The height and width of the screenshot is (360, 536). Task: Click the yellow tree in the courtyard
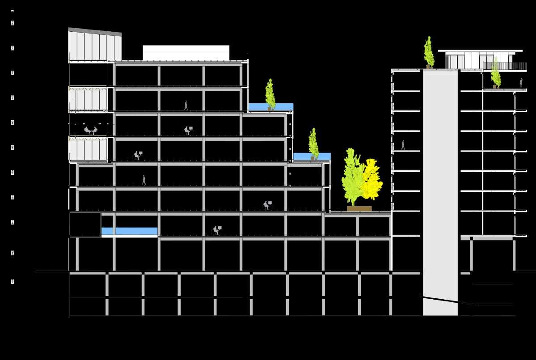[372, 179]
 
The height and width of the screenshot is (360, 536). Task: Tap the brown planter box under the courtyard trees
[359, 208]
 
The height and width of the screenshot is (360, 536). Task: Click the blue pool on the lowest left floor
[129, 231]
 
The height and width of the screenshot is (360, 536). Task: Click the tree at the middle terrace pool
[313, 143]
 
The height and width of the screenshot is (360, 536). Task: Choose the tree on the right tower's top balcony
[495, 74]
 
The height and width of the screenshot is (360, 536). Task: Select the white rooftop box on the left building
[186, 52]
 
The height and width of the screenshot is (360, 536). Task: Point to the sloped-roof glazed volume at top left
[95, 45]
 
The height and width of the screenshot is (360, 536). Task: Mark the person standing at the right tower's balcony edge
[521, 83]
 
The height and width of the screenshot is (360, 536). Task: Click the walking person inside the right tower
[403, 145]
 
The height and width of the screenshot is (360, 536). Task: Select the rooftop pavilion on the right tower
[478, 59]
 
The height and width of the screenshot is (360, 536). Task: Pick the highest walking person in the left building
[186, 105]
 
